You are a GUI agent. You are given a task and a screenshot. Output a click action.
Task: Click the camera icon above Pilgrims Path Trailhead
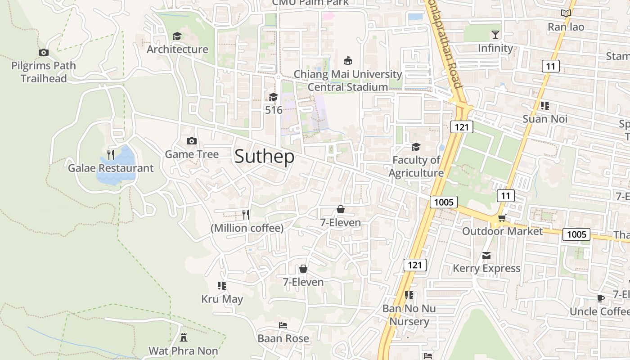click(44, 52)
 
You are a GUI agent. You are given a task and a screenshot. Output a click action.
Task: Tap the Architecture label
click(177, 49)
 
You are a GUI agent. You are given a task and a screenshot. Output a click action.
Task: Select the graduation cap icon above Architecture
click(177, 36)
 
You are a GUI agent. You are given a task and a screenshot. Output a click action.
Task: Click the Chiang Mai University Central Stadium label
click(348, 80)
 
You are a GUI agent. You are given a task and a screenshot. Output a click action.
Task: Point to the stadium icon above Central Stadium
click(347, 60)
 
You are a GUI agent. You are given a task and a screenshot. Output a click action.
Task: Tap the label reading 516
click(274, 110)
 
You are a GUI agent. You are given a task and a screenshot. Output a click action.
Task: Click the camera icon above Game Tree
click(192, 141)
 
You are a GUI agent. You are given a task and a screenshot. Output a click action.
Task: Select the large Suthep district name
click(265, 156)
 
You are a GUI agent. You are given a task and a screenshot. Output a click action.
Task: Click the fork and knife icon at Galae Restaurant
click(111, 155)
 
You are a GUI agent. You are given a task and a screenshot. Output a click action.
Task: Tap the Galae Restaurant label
click(111, 168)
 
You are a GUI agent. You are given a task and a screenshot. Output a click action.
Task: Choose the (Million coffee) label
click(247, 228)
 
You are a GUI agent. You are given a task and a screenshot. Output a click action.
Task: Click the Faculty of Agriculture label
click(416, 166)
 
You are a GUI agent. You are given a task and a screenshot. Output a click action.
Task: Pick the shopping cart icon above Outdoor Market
click(502, 218)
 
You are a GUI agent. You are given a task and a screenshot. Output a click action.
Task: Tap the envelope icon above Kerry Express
click(486, 256)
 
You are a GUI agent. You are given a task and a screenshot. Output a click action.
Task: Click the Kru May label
click(222, 299)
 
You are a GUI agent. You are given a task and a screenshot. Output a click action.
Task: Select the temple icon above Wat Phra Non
click(183, 337)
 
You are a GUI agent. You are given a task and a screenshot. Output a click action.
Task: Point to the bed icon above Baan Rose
click(283, 325)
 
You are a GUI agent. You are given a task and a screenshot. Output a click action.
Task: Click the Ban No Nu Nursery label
click(409, 315)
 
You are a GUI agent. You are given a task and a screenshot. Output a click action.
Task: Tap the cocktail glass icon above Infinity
click(495, 35)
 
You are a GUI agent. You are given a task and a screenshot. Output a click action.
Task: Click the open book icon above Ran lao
click(566, 13)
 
